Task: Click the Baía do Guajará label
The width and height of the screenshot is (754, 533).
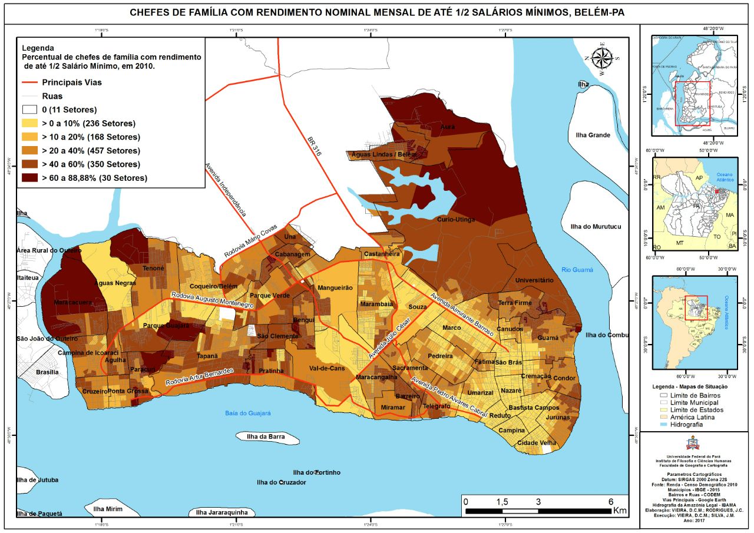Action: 247,413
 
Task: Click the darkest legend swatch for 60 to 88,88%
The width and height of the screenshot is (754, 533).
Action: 30,178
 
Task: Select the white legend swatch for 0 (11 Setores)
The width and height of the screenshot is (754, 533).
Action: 30,110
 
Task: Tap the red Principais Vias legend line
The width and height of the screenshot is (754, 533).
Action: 30,82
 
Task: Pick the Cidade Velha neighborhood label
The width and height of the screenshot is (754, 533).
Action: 537,443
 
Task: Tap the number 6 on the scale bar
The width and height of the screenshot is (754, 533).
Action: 611,501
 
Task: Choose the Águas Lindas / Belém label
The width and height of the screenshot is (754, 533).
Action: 383,154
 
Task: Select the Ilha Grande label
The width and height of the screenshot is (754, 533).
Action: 593,135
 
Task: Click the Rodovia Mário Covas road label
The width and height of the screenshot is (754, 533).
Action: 250,241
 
